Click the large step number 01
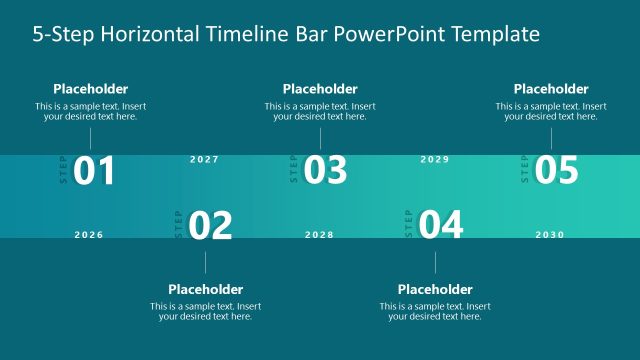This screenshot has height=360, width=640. [95, 172]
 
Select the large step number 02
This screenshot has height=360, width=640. [210, 226]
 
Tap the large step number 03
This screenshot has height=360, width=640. [325, 172]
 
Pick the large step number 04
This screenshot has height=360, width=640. [441, 226]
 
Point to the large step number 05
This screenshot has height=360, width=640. [556, 172]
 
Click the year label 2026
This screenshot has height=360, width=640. [89, 235]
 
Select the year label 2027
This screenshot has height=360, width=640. [204, 159]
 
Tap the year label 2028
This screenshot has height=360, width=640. [319, 235]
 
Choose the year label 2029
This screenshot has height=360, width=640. [435, 159]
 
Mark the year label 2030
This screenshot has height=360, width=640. [550, 235]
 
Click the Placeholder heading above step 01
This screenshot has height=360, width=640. [90, 89]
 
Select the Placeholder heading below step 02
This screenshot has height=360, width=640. [206, 290]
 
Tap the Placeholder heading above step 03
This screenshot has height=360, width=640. [320, 89]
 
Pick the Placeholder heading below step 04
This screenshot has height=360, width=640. [435, 290]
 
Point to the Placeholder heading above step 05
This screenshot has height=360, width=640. [551, 89]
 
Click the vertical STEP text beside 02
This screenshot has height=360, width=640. [179, 225]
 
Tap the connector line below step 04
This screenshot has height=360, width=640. [435, 262]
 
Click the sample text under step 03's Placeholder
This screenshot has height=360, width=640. [320, 111]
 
